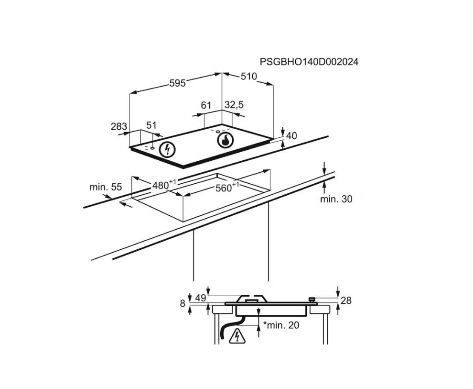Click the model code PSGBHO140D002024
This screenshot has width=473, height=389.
point(309,62)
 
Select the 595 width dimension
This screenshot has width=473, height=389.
point(177,83)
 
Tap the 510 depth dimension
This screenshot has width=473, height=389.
point(248,77)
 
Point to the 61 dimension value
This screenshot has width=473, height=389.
point(206,105)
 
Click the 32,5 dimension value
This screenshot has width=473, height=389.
point(234,105)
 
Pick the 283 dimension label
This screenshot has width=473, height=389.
point(118,126)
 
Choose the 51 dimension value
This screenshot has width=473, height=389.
point(151,125)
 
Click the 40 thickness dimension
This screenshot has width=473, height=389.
point(291,136)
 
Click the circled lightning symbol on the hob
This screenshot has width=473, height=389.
point(167,150)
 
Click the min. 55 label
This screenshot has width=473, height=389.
point(106,187)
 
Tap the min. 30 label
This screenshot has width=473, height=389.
point(336,199)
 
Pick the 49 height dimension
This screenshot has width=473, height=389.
point(201,298)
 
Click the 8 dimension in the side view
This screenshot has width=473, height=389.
point(182,302)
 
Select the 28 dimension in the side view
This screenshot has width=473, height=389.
point(346,300)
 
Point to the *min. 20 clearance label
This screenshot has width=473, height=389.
point(281,325)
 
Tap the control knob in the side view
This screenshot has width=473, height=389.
point(312,299)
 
